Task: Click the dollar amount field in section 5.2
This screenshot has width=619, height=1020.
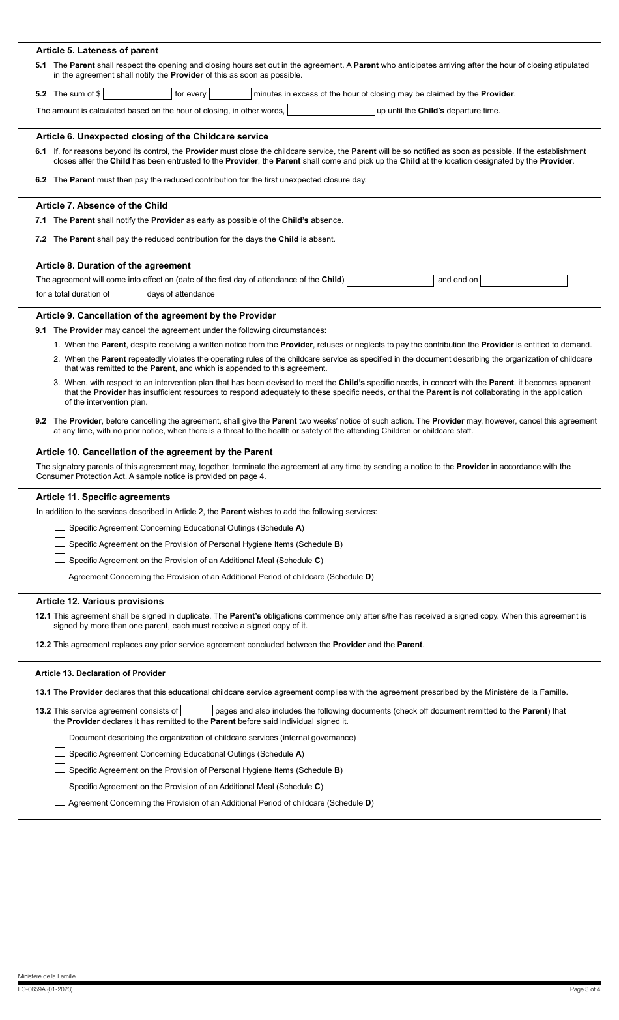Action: pyautogui.click(x=137, y=94)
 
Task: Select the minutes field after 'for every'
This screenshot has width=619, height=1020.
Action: pyautogui.click(x=231, y=94)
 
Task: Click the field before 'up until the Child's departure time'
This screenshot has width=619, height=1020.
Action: pyautogui.click(x=331, y=111)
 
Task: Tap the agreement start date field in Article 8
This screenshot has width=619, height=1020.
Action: pyautogui.click(x=390, y=280)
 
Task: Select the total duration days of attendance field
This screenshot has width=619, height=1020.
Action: pyautogui.click(x=129, y=294)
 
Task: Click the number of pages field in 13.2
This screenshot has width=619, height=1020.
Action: pyautogui.click(x=197, y=711)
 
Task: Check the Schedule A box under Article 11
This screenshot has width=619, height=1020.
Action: pyautogui.click(x=60, y=527)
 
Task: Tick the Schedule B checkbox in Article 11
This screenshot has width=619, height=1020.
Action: pyautogui.click(x=60, y=543)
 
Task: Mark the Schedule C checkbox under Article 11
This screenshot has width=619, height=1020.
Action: pyautogui.click(x=60, y=559)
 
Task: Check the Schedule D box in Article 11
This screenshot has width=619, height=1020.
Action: pyautogui.click(x=60, y=576)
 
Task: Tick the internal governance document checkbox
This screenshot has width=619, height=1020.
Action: pyautogui.click(x=60, y=736)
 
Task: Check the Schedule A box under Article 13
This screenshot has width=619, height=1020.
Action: pyautogui.click(x=60, y=753)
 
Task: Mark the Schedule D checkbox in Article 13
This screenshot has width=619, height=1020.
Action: pyautogui.click(x=60, y=802)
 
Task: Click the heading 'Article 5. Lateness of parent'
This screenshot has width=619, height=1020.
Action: pyautogui.click(x=97, y=50)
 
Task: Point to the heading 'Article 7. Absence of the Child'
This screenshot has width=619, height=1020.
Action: pyautogui.click(x=102, y=205)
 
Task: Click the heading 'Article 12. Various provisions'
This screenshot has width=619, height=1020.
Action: pyautogui.click(x=100, y=601)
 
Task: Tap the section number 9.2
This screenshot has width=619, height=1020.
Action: pyautogui.click(x=41, y=421)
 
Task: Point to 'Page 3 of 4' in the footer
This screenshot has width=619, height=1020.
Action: pyautogui.click(x=584, y=989)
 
